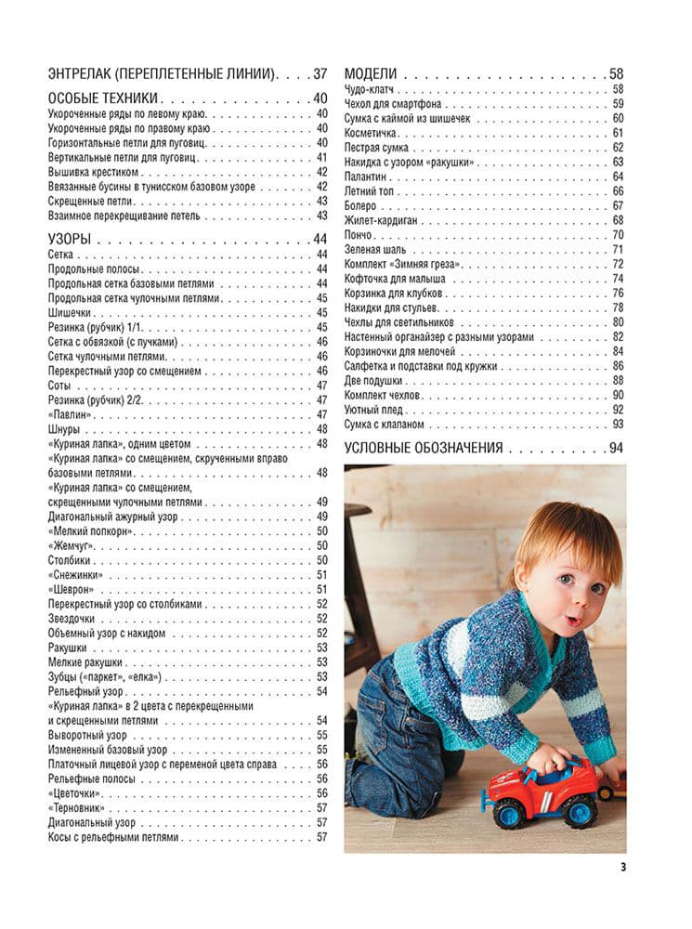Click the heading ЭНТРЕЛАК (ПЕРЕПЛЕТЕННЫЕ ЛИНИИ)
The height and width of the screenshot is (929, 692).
click(x=161, y=73)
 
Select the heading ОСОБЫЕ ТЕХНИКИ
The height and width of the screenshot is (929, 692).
click(x=102, y=99)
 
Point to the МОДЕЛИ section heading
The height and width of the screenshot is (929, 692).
click(x=371, y=73)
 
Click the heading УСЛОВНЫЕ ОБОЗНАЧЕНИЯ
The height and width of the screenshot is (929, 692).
click(x=424, y=448)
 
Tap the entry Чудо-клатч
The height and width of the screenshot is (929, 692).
click(x=368, y=89)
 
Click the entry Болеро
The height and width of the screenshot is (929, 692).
click(x=360, y=205)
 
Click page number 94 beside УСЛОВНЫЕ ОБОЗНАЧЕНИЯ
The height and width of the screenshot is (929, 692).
click(x=617, y=448)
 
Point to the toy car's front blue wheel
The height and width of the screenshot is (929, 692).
click(x=509, y=816)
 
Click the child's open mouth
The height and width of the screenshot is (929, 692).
click(x=574, y=621)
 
